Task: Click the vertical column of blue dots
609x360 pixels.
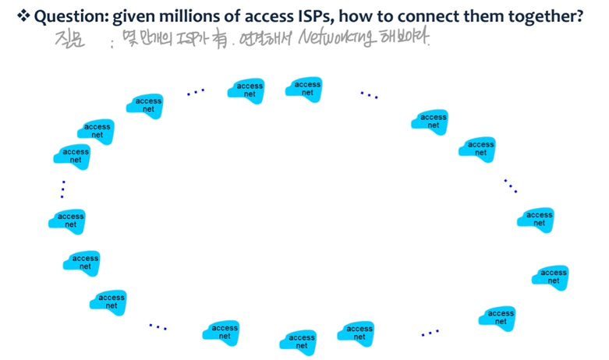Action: [62, 189]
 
